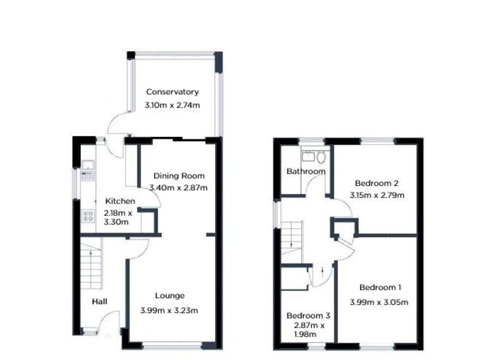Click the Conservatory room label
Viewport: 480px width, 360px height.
(x=172, y=92)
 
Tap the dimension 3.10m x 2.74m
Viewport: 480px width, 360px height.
(x=172, y=106)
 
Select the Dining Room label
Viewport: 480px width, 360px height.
(x=179, y=176)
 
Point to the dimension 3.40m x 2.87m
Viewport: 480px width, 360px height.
(x=179, y=187)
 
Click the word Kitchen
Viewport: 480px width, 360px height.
(x=120, y=201)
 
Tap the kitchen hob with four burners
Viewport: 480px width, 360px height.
(x=87, y=217)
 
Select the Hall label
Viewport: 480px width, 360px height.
(x=99, y=302)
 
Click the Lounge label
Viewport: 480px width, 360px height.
(x=169, y=296)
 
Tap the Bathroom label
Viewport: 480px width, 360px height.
(x=306, y=171)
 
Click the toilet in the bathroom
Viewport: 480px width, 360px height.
(x=321, y=157)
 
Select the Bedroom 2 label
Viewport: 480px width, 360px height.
(x=376, y=183)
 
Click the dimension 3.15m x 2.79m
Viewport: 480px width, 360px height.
(x=376, y=195)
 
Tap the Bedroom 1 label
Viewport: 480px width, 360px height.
(x=380, y=287)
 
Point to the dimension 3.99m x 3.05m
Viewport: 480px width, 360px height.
(x=380, y=302)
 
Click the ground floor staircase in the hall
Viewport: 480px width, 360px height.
(x=92, y=265)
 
